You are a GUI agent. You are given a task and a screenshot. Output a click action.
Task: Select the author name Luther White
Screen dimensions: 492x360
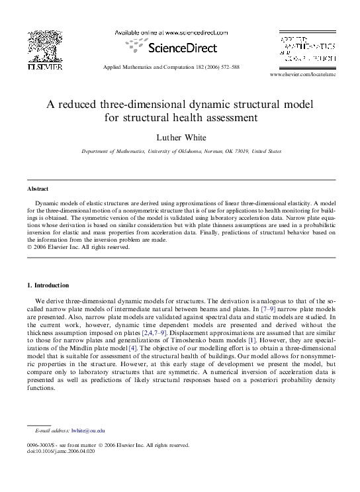point(180,137)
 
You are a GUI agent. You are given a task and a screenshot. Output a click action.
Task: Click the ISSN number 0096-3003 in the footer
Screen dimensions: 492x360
point(40,445)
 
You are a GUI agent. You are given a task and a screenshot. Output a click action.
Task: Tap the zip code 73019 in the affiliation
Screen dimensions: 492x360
point(249,152)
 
